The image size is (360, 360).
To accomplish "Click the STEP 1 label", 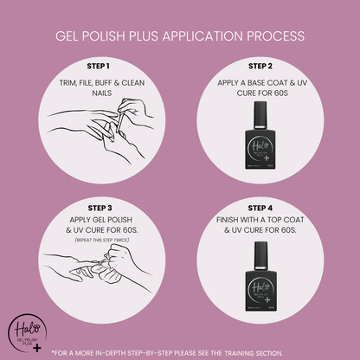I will [x=96, y=66].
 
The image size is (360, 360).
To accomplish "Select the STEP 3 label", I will [x=96, y=207].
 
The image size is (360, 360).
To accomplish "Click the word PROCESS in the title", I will [x=273, y=36].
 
